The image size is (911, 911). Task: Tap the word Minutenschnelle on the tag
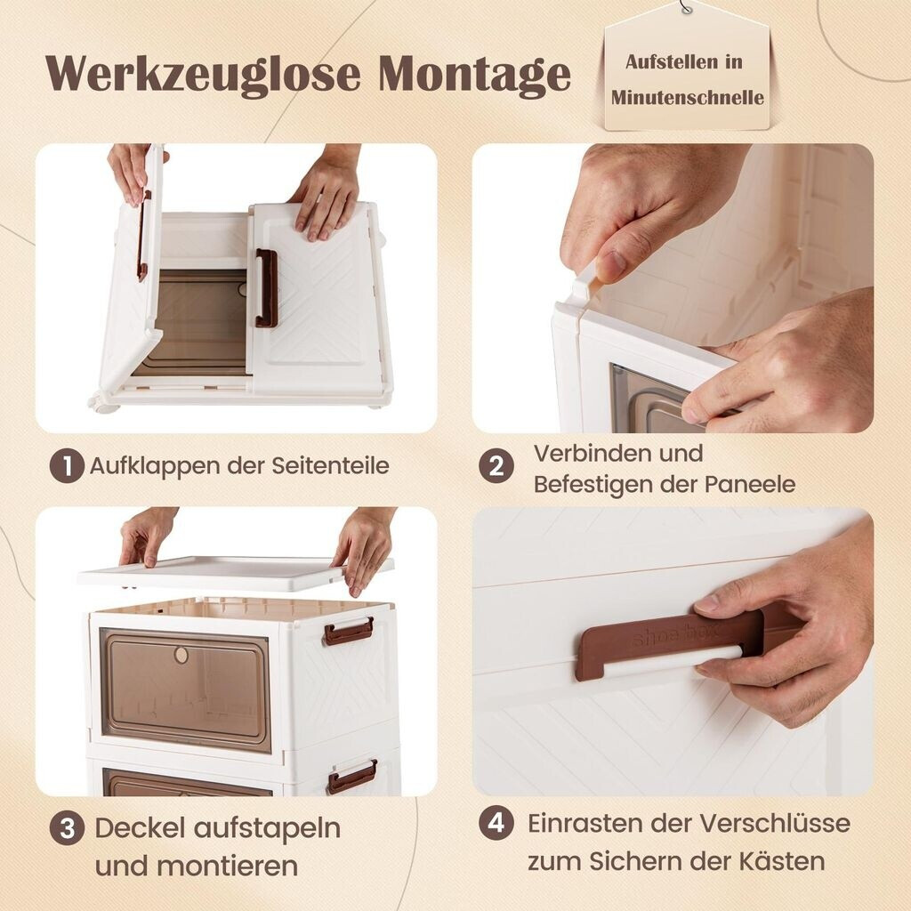(688, 97)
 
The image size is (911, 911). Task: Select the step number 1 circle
(66, 466)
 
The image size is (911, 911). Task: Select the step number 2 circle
(496, 466)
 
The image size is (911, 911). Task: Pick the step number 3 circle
(67, 828)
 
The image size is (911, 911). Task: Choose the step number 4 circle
(496, 823)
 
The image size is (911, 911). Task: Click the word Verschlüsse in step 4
(775, 823)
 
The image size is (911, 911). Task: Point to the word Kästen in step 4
(782, 861)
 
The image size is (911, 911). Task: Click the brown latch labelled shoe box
(668, 643)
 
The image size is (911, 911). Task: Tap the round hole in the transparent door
(181, 656)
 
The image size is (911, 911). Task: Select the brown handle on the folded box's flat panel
(265, 287)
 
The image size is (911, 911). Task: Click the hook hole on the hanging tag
(688, 9)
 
